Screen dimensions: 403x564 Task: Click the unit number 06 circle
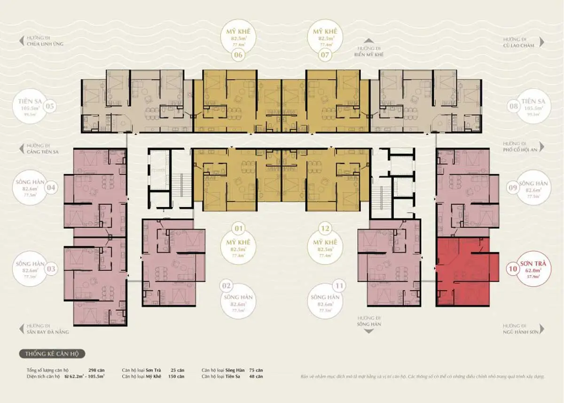(238, 55)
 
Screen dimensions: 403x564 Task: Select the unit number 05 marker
(50, 107)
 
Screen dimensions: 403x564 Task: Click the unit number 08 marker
(513, 106)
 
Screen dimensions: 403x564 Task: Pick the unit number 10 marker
(513, 270)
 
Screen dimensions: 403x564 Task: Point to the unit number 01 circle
(238, 229)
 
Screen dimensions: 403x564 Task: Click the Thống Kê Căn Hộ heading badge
(52, 354)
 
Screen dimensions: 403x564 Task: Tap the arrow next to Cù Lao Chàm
(542, 42)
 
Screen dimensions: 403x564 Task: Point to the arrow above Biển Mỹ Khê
(369, 41)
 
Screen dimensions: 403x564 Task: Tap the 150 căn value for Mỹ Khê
(178, 376)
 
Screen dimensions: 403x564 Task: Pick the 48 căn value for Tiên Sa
(256, 376)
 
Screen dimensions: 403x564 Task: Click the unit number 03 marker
(51, 269)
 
